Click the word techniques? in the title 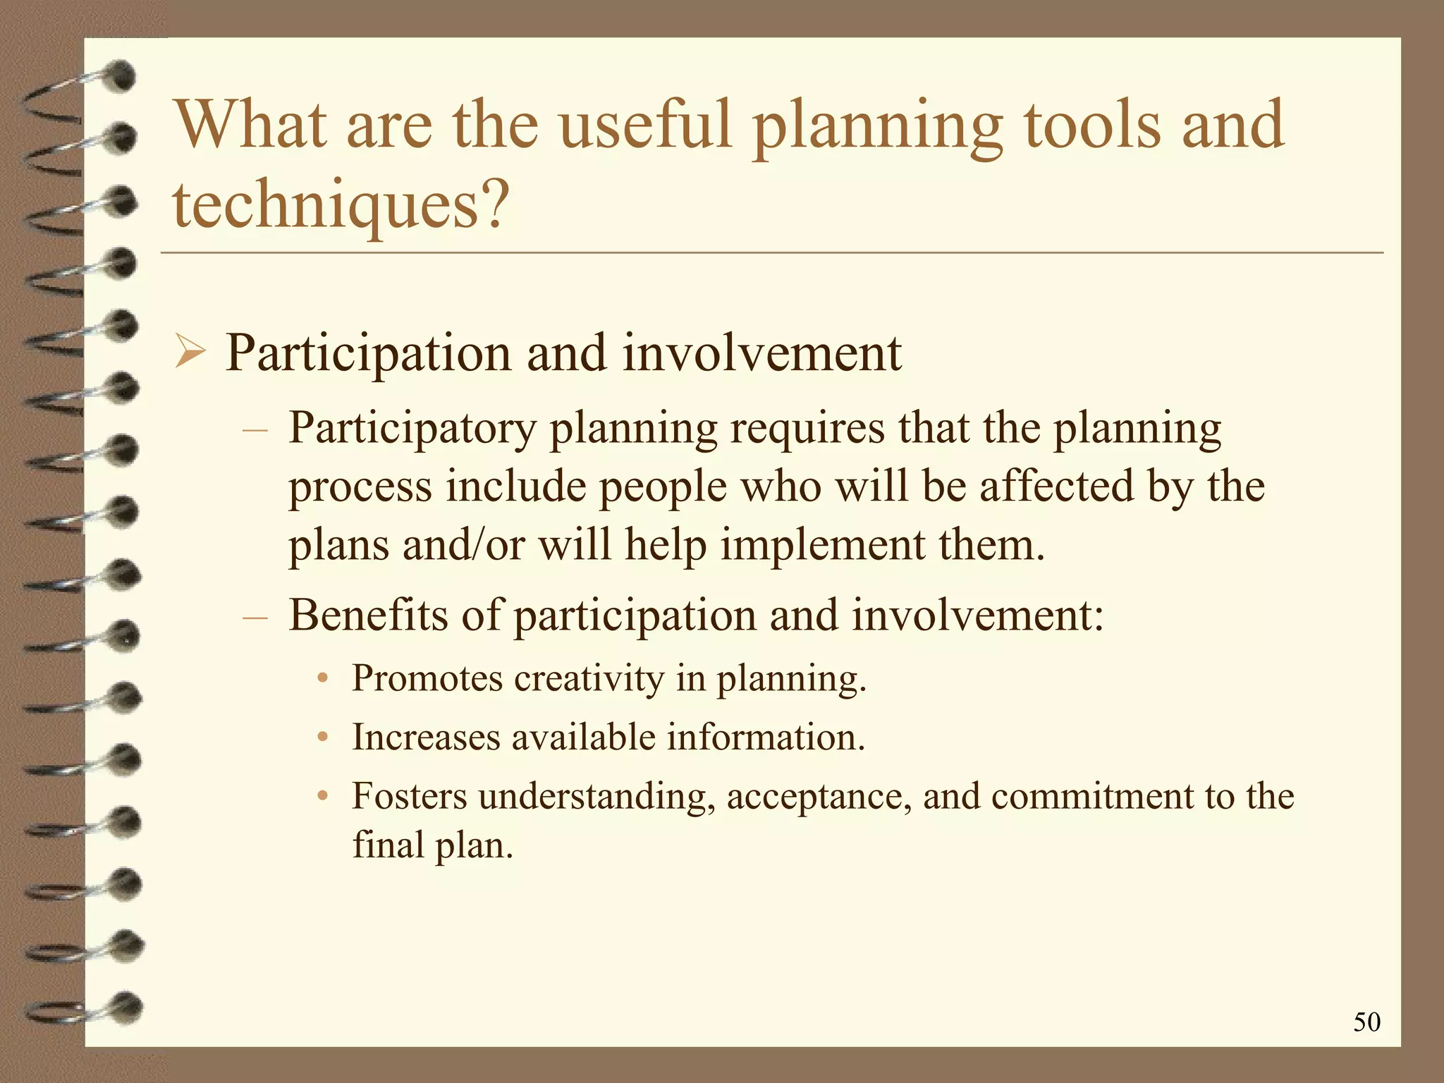tap(341, 204)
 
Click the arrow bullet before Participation tap(190, 353)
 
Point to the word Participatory tap(412, 429)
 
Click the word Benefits tap(368, 615)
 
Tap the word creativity tap(589, 678)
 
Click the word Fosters tap(410, 797)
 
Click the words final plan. tap(432, 845)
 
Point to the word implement tap(821, 546)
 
